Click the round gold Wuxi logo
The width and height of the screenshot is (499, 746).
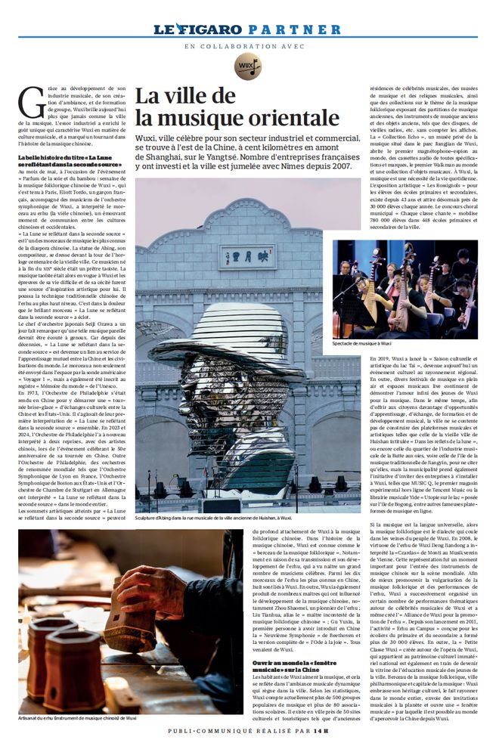pos(247,67)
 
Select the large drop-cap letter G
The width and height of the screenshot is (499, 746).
pos(30,101)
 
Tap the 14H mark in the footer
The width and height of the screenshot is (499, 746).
pos(322,731)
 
